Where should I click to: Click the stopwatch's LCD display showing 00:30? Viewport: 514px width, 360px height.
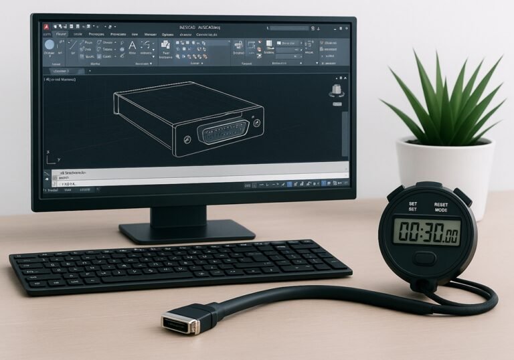(426, 232)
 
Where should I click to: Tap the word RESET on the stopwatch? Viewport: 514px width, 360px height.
(441, 205)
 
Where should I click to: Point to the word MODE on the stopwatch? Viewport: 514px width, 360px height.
(441, 210)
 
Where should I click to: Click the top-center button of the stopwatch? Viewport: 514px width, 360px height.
(427, 185)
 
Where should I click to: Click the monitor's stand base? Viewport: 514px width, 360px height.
(187, 231)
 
